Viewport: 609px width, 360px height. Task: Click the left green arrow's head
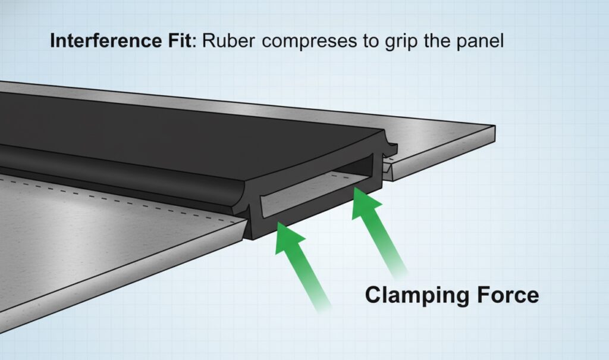[x=290, y=236]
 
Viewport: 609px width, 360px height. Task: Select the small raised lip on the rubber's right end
[x=391, y=145]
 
